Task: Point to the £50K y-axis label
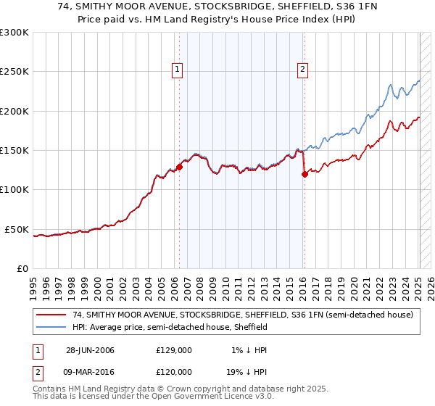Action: pyautogui.click(x=17, y=229)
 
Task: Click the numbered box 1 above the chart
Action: pyautogui.click(x=178, y=70)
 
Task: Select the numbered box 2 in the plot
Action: pyautogui.click(x=302, y=70)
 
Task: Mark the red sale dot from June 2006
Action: pyautogui.click(x=180, y=167)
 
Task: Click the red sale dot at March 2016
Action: pyautogui.click(x=304, y=174)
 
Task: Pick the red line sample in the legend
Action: pyautogui.click(x=51, y=315)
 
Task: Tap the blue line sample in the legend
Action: pyautogui.click(x=51, y=327)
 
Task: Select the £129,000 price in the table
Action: pyautogui.click(x=173, y=350)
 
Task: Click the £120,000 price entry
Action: pyautogui.click(x=173, y=371)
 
